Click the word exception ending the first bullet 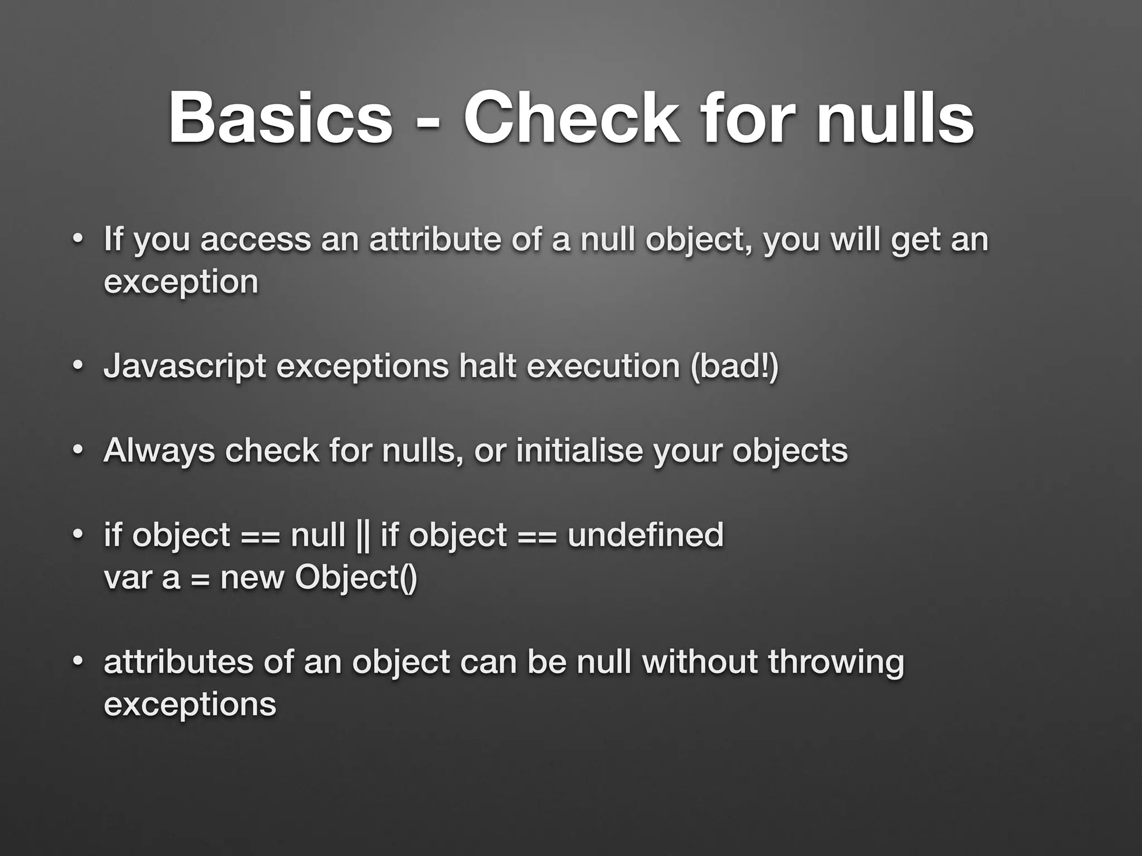(181, 282)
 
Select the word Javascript (185, 367)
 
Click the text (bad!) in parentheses (734, 366)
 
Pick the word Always (159, 451)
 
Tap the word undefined (645, 535)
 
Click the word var (128, 578)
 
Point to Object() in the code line (356, 578)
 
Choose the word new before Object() (253, 578)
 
